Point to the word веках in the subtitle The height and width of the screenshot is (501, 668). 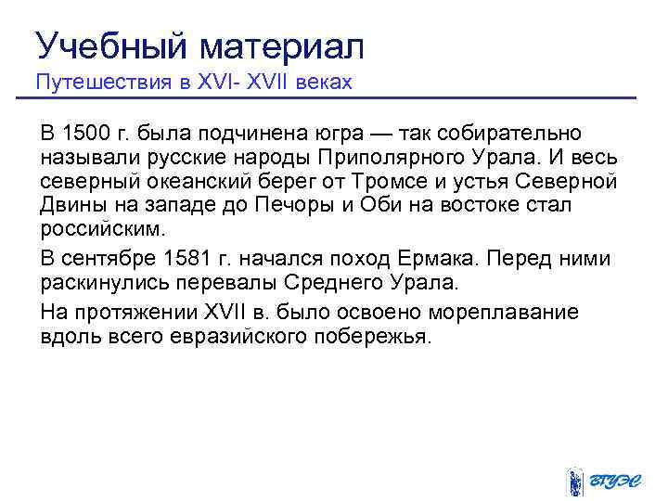[323, 82]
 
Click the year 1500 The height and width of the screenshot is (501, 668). [84, 134]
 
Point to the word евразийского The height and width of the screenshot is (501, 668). [245, 335]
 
